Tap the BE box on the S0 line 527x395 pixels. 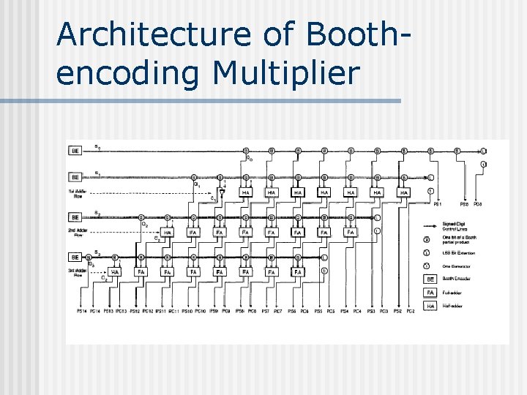75,151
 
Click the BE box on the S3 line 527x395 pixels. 75,257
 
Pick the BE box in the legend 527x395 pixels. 431,279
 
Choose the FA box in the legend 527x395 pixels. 431,292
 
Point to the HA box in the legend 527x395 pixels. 431,305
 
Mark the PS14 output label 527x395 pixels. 83,312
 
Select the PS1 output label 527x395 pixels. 438,204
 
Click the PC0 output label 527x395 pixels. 477,204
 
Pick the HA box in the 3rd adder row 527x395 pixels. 115,272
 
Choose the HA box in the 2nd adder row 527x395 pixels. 168,232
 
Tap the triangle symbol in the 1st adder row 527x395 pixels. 223,193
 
